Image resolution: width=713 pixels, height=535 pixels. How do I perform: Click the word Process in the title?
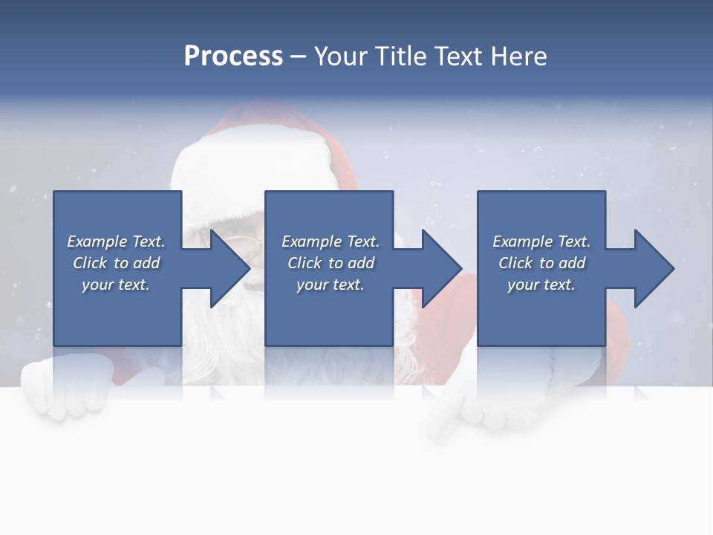pos(233,56)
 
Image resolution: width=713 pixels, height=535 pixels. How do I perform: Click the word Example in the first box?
pos(97,241)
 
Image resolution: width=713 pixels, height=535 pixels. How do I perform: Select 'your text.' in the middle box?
pos(331,285)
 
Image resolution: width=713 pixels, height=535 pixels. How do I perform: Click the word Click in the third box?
pos(515,263)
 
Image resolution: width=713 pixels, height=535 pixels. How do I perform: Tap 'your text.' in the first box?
pos(116,285)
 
